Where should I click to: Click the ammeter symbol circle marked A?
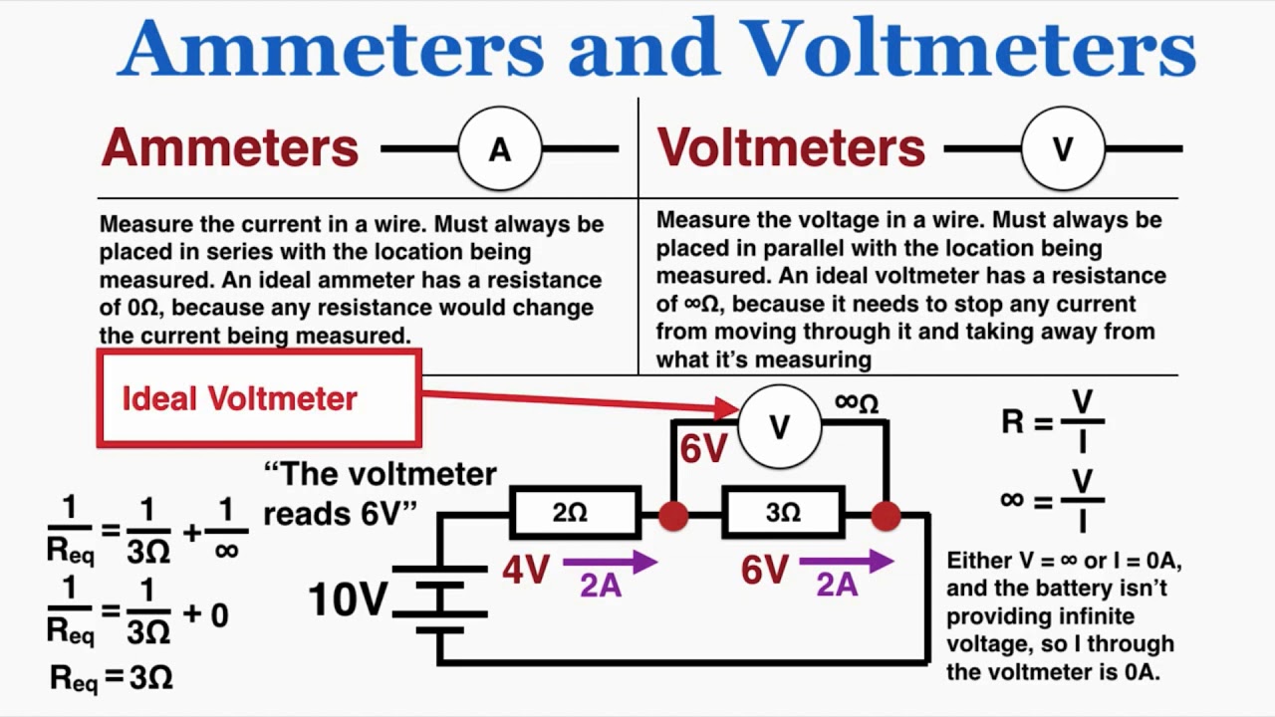coord(499,149)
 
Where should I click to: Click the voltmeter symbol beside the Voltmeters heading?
coord(1063,149)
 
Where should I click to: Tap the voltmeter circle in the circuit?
coord(780,427)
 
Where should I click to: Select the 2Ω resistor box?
coord(574,513)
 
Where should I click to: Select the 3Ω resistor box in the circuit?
coord(784,513)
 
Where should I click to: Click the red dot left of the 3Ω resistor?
coord(673,515)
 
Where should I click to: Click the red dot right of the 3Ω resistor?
coord(886,515)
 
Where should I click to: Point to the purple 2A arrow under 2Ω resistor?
coord(610,564)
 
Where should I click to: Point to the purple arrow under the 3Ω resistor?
coord(846,564)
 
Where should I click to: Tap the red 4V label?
coord(526,571)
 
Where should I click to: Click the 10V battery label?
coord(347,599)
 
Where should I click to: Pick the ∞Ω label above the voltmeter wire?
coord(857,402)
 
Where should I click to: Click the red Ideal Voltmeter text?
coord(239,398)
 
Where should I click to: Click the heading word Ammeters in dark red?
coord(229,148)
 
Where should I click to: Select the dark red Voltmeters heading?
coord(791,148)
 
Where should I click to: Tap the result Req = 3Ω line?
coord(112,678)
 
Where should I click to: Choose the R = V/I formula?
coord(1053,421)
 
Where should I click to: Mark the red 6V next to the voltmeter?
coord(703,449)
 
